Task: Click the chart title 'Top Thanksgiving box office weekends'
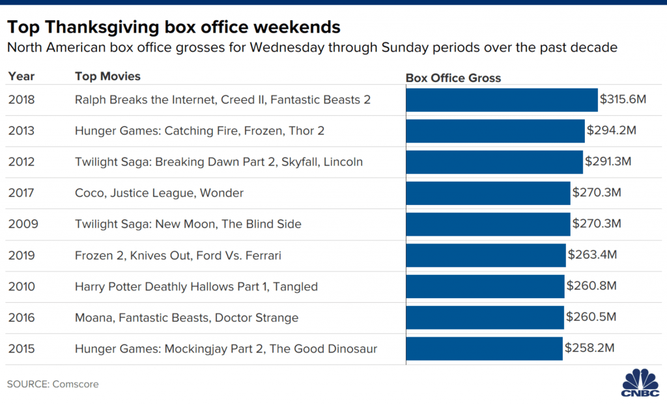(x=173, y=27)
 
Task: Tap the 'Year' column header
(x=21, y=76)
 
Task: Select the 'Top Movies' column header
(x=107, y=76)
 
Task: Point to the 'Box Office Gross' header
(x=453, y=78)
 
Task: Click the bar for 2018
(x=502, y=100)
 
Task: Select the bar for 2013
(x=495, y=131)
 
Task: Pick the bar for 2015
(x=484, y=349)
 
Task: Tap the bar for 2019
(x=486, y=255)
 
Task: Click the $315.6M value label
(x=623, y=99)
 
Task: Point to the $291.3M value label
(x=608, y=161)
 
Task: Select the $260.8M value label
(x=591, y=285)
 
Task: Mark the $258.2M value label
(x=589, y=348)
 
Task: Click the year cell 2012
(x=21, y=161)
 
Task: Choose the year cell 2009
(x=23, y=224)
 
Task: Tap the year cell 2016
(x=21, y=317)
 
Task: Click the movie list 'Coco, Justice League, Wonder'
(x=159, y=193)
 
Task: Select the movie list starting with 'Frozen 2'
(x=178, y=255)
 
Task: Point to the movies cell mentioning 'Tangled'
(x=196, y=286)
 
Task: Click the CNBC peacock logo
(x=640, y=382)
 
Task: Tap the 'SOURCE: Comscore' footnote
(x=53, y=384)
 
